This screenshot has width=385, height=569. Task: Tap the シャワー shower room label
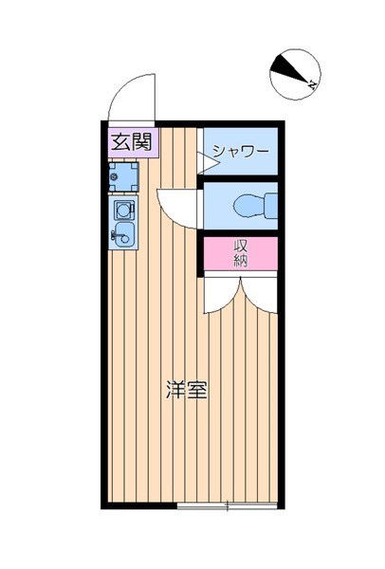pyautogui.click(x=240, y=151)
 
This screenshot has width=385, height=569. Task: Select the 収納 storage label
pyautogui.click(x=241, y=253)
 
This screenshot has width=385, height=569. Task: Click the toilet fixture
pyautogui.click(x=251, y=203)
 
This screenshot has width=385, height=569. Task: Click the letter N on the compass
pyautogui.click(x=313, y=85)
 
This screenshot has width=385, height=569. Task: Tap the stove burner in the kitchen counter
pyautogui.click(x=123, y=209)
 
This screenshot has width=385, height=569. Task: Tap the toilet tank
pyautogui.click(x=270, y=203)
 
